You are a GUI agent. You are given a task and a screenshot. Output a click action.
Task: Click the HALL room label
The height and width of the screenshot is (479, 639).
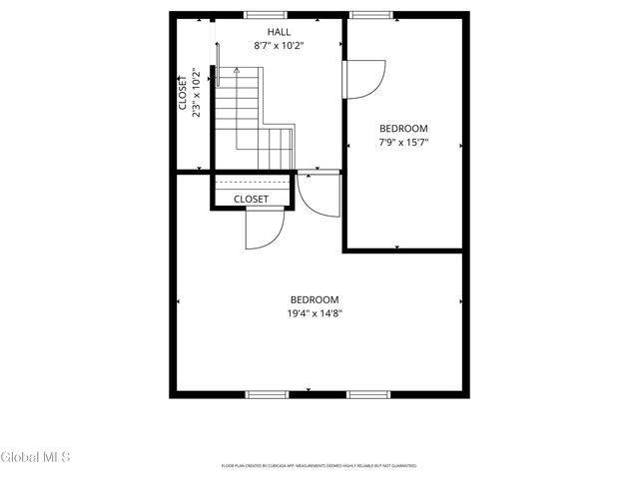[x=266, y=32]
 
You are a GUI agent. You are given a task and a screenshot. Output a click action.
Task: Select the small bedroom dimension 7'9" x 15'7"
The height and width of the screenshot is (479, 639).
[x=403, y=142]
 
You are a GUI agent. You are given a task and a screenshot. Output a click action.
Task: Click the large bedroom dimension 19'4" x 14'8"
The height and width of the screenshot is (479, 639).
[x=315, y=312]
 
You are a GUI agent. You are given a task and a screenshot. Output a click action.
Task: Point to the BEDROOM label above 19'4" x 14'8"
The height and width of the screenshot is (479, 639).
[x=315, y=299]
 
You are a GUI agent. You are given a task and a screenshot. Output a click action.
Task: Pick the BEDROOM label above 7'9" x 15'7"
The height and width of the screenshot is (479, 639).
[x=403, y=128]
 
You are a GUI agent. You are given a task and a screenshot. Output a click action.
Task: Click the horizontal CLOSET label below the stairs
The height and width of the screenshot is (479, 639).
[x=251, y=199]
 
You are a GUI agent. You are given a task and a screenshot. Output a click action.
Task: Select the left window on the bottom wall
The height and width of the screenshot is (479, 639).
[x=268, y=395]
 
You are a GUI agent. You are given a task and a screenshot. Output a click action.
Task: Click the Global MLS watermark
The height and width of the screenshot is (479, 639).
[x=35, y=458]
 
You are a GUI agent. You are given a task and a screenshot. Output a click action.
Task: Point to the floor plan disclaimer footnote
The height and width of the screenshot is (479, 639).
[x=319, y=465]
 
